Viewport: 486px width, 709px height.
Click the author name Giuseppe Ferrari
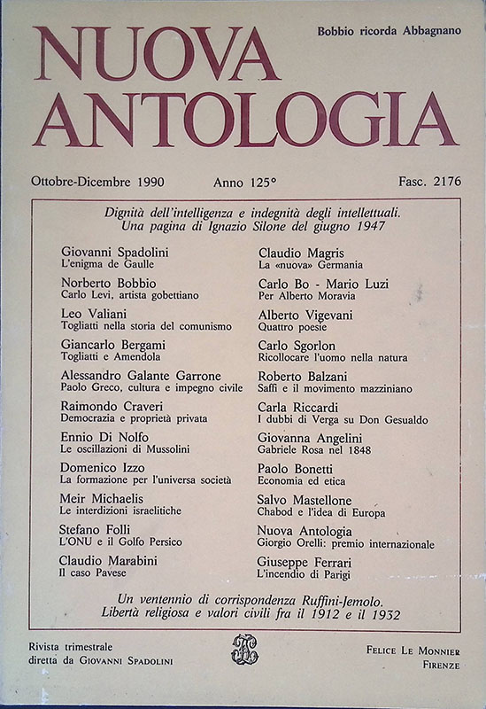click(306, 561)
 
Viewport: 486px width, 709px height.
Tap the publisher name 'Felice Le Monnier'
click(412, 650)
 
